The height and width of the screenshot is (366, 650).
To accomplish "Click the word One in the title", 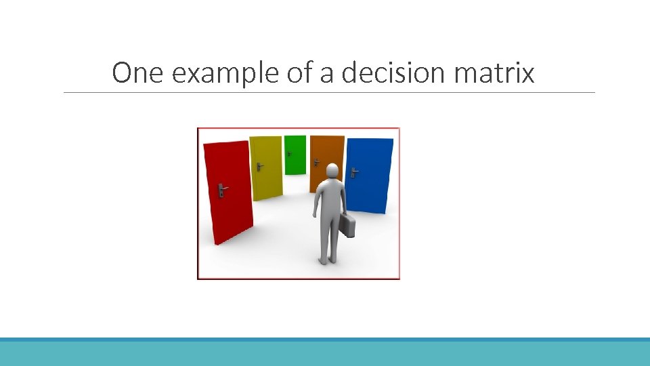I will click(x=137, y=73).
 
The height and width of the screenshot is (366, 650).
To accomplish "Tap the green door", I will click(x=295, y=155).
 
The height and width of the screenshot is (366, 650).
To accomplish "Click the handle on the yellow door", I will click(x=259, y=165).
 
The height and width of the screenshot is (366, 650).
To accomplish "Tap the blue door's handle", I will click(x=353, y=172).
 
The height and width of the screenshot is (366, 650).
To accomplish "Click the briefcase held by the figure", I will click(x=347, y=226).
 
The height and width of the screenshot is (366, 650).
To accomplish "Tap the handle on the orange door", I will click(x=316, y=162).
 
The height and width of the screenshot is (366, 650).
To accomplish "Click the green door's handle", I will click(x=290, y=153).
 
